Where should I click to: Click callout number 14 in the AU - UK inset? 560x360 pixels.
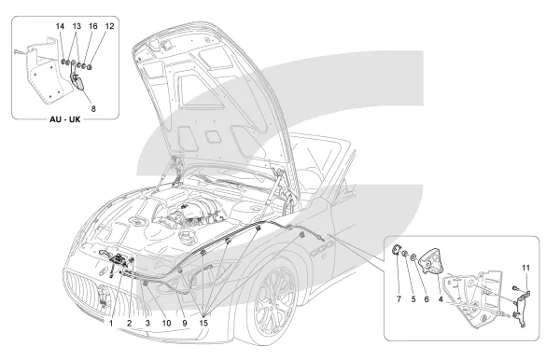tap(60, 26)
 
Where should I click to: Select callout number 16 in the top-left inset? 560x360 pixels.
tap(92, 26)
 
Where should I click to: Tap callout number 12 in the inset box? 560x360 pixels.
tap(109, 26)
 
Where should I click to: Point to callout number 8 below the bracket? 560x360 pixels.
tap(93, 109)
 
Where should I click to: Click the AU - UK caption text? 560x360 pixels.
tap(65, 119)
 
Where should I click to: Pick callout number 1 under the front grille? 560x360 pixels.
tap(111, 324)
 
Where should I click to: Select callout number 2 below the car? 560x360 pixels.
tap(130, 324)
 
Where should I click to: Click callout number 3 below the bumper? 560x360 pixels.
tap(147, 324)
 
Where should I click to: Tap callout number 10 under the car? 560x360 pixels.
tap(166, 324)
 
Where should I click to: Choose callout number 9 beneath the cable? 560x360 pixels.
tap(185, 324)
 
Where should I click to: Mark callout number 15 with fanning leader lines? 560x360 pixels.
tap(203, 324)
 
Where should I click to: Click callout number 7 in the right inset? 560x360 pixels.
tap(399, 299)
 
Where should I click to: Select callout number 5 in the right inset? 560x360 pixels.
tap(413, 299)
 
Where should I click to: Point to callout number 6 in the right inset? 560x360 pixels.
tap(427, 299)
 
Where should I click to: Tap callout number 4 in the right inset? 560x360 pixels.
tap(441, 299)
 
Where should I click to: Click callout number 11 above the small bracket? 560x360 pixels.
tap(526, 268)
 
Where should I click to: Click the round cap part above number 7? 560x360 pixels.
tap(397, 251)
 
